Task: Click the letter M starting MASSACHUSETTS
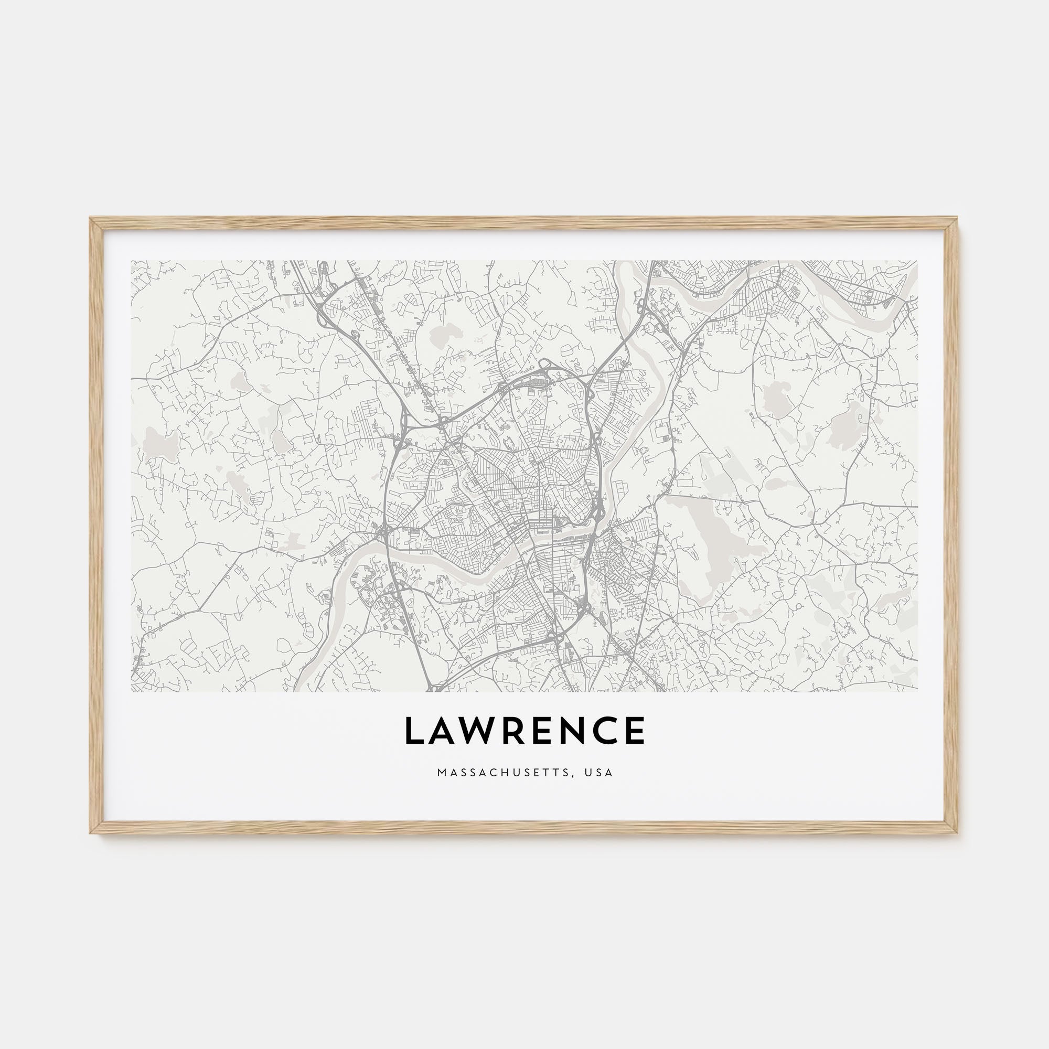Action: click(x=441, y=772)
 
